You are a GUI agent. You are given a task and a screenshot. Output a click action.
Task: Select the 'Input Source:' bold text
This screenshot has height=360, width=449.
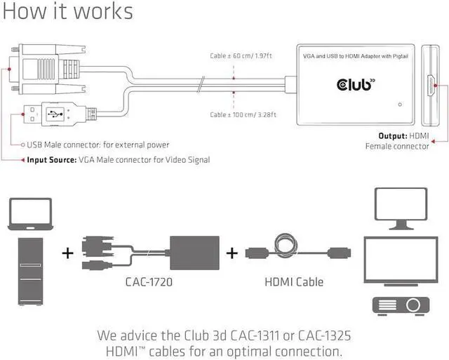coord(51,160)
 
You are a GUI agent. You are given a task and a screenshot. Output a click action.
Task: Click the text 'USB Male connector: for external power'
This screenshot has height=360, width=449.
coord(98,145)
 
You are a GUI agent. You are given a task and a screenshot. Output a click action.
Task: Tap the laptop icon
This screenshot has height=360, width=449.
coord(30,213)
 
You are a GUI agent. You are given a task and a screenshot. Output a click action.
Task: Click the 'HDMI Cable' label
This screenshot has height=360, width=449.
coord(294,282)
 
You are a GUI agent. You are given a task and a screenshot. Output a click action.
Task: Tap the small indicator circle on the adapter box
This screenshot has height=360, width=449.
coord(400,105)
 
